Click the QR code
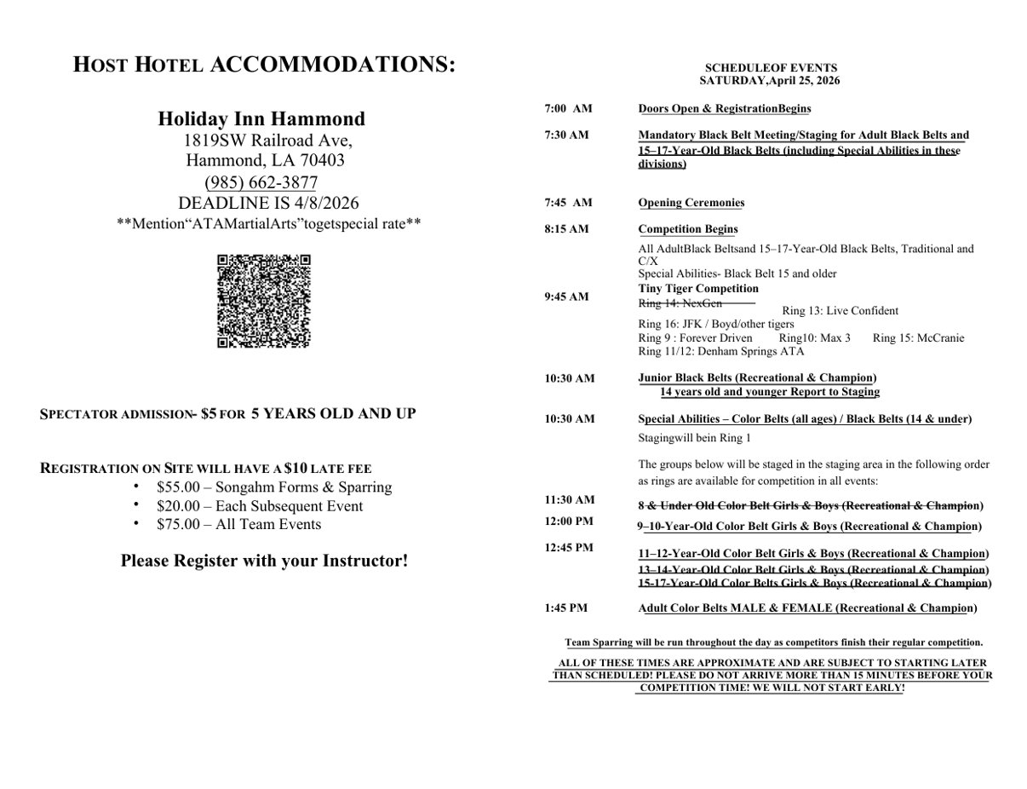263,301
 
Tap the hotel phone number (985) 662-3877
261,182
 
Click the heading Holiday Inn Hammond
261,118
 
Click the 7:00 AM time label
568,108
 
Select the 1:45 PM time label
565,608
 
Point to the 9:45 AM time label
566,297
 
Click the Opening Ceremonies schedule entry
691,203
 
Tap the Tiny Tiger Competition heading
698,288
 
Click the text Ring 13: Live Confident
840,311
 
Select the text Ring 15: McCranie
918,338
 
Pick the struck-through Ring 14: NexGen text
680,303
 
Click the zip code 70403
321,160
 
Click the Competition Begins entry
688,229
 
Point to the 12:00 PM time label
569,521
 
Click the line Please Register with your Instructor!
264,561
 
